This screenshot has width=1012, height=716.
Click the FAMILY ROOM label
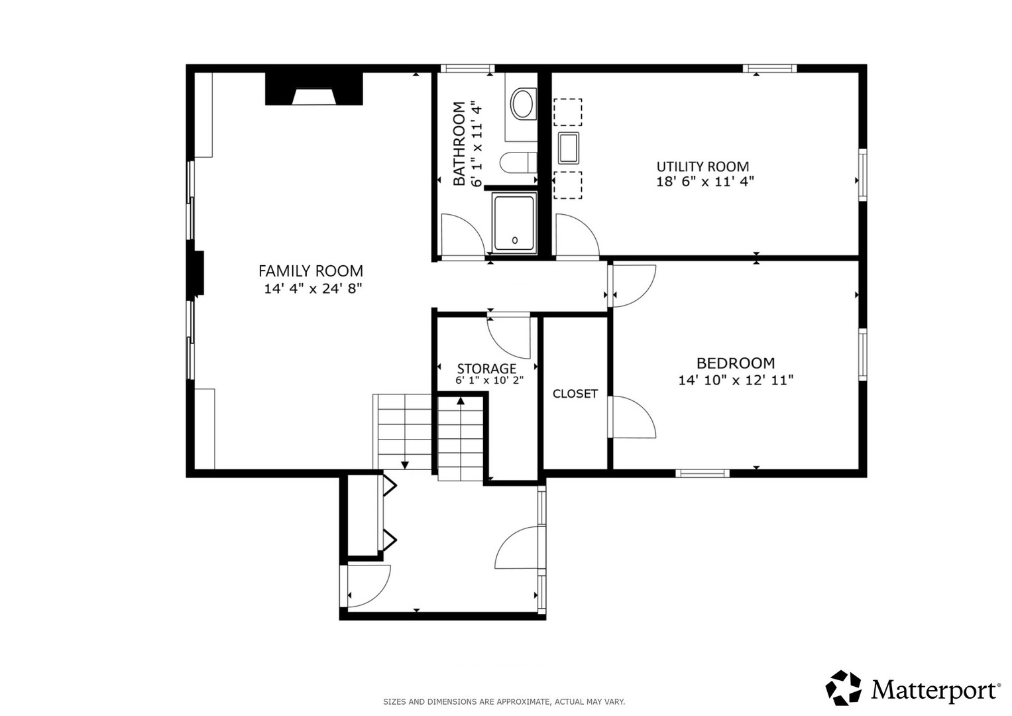click(x=311, y=271)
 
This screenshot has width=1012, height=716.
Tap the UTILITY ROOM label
click(x=703, y=166)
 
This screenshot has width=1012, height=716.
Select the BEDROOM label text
click(x=736, y=363)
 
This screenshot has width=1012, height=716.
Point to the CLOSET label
click(x=575, y=394)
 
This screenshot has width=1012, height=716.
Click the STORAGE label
click(x=486, y=369)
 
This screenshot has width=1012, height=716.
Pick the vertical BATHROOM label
click(x=459, y=144)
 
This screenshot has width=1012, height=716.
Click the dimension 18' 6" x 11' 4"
click(x=704, y=182)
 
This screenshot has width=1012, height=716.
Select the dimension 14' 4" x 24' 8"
click(x=313, y=288)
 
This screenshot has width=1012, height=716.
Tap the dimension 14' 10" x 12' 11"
click(x=736, y=380)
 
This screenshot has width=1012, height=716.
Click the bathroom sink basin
click(x=523, y=104)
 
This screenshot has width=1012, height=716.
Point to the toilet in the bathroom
click(x=518, y=162)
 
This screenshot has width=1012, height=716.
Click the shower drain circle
click(x=514, y=241)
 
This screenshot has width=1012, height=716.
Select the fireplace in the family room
click(x=313, y=89)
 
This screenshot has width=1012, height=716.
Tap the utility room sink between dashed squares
click(x=569, y=148)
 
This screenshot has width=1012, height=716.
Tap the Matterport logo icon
click(x=843, y=688)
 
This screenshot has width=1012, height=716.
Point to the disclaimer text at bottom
click(x=504, y=702)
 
